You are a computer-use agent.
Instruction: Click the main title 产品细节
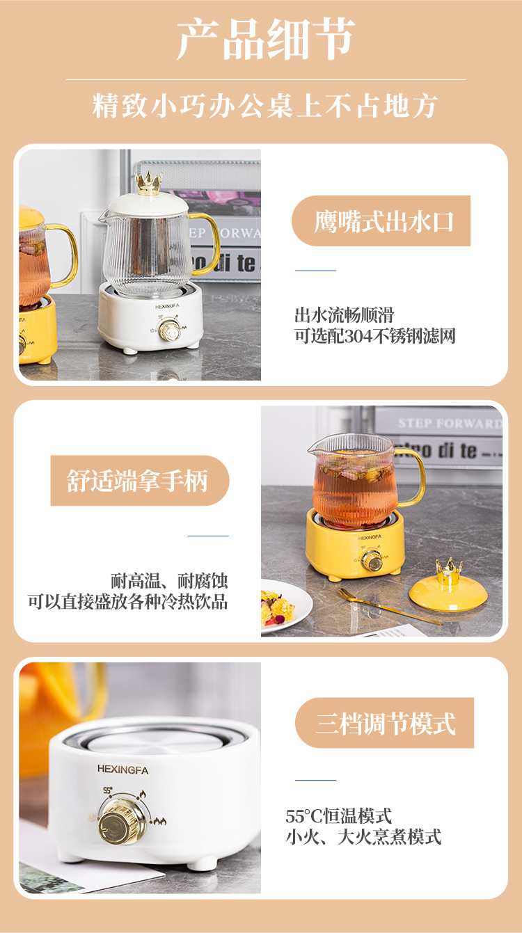[265, 40]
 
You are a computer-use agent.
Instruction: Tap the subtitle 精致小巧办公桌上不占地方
[265, 106]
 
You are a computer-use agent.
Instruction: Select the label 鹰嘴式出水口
[383, 221]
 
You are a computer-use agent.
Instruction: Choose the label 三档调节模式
[386, 724]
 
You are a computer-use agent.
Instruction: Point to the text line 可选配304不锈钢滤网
[375, 336]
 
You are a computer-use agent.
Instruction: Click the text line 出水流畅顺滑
[345, 315]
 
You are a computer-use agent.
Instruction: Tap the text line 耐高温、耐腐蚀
[169, 581]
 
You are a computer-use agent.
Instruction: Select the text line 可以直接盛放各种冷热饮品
[128, 602]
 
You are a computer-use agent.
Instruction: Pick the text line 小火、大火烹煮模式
[363, 836]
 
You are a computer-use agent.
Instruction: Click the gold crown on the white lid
[148, 183]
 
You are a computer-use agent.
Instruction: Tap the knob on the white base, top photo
[168, 330]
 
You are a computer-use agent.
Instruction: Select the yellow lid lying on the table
[448, 591]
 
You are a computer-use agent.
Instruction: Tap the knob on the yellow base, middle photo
[373, 560]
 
